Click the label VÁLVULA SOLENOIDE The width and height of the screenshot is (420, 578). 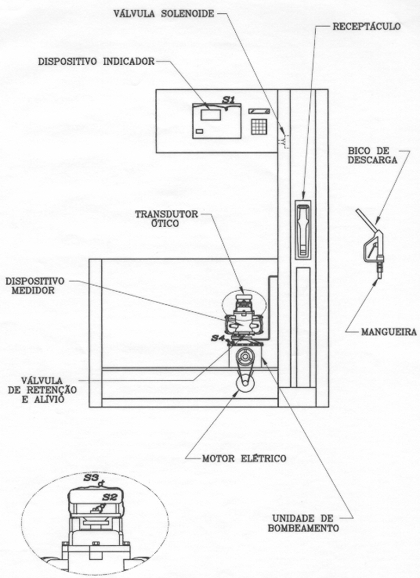point(164,13)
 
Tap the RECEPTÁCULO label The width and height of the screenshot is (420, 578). point(367,27)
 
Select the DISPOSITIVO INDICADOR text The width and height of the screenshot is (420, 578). point(96,62)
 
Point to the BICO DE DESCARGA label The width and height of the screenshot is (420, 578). point(373,155)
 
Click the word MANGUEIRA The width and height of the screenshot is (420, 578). point(389,332)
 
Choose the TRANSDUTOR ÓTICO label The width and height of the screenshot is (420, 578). point(166,218)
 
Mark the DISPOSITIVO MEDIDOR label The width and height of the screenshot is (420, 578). point(34,285)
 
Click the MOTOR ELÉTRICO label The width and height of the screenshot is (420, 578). point(244,458)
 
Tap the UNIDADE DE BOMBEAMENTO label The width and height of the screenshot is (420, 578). point(303,523)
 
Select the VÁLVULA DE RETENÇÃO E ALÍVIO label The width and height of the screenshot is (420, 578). point(42,390)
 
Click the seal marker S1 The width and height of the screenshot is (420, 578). point(228,99)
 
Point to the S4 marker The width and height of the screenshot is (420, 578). point(218,338)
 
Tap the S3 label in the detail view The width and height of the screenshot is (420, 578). point(90,478)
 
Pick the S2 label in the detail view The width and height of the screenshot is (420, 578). point(110,497)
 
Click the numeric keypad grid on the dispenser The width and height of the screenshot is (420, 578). point(259,126)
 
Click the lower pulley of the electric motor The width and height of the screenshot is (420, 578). point(245,385)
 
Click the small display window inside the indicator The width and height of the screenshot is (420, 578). point(211,115)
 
